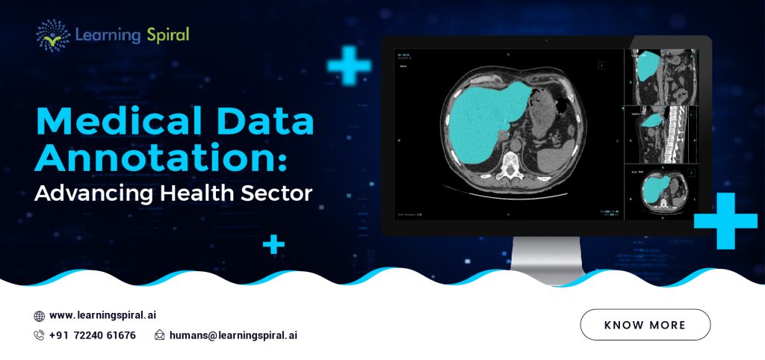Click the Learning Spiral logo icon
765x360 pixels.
pos(52,34)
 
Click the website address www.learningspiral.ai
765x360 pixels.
pos(102,316)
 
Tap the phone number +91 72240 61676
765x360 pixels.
pos(93,335)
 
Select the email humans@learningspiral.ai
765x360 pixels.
pos(233,335)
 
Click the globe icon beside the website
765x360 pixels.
pos(40,316)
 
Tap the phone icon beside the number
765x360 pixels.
pos(40,335)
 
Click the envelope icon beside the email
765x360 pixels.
pos(160,335)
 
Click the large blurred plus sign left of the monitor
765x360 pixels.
pos(349,66)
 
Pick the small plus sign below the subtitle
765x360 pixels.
pos(273,244)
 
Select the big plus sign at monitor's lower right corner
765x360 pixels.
pos(725,220)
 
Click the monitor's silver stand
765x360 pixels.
pos(546,258)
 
